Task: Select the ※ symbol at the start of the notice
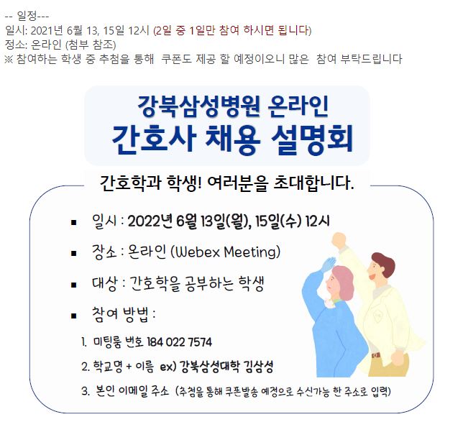click(x=9, y=59)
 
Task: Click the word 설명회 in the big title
click(x=312, y=139)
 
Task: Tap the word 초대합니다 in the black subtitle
click(x=313, y=183)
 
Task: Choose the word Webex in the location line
click(x=198, y=252)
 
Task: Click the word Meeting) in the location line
click(x=252, y=252)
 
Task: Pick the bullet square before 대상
click(x=74, y=285)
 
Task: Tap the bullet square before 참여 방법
click(x=74, y=316)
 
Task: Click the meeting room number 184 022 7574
click(x=180, y=342)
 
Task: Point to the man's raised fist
click(x=339, y=240)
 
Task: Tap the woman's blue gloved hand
click(x=326, y=265)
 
